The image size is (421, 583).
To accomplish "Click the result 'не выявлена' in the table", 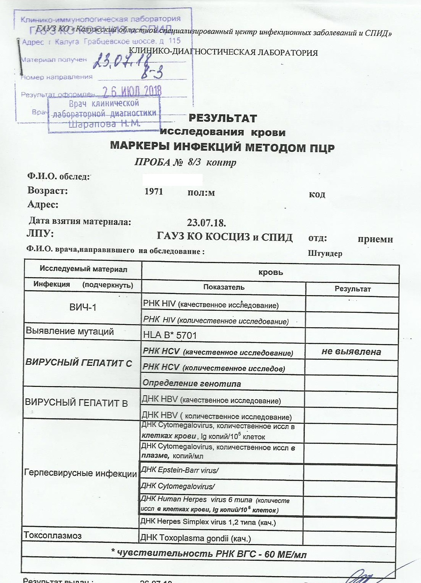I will coord(351,352).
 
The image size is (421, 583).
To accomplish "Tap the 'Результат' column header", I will coord(353,289).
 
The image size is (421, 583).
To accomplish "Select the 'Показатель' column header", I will coord(224,287).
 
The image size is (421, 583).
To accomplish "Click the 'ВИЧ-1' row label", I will coord(83,307).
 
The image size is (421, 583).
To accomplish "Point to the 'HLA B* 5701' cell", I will coord(170,335).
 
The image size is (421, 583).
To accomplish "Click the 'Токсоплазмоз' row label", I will coord(53,535).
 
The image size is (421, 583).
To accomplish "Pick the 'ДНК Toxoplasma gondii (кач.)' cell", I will coord(196,538).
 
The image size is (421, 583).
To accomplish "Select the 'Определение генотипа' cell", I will coord(192,383).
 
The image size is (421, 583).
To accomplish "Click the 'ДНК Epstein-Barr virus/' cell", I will coord(180,470).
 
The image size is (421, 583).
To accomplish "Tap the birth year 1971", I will coord(154,192).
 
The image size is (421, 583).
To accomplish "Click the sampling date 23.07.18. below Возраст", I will coord(206,222).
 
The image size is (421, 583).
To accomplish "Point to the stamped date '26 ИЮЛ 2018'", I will coord(132,91).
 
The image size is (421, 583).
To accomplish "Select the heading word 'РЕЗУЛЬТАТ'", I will coord(223,118).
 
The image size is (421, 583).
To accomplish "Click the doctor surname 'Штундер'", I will coord(325,253).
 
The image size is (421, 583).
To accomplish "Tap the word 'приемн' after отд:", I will coord(375,239).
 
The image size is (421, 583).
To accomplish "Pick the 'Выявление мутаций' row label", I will coord(70,331).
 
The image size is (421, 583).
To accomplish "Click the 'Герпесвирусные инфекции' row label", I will coord(80,473).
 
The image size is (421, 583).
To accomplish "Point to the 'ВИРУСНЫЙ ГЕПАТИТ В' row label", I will coord(76,403).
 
